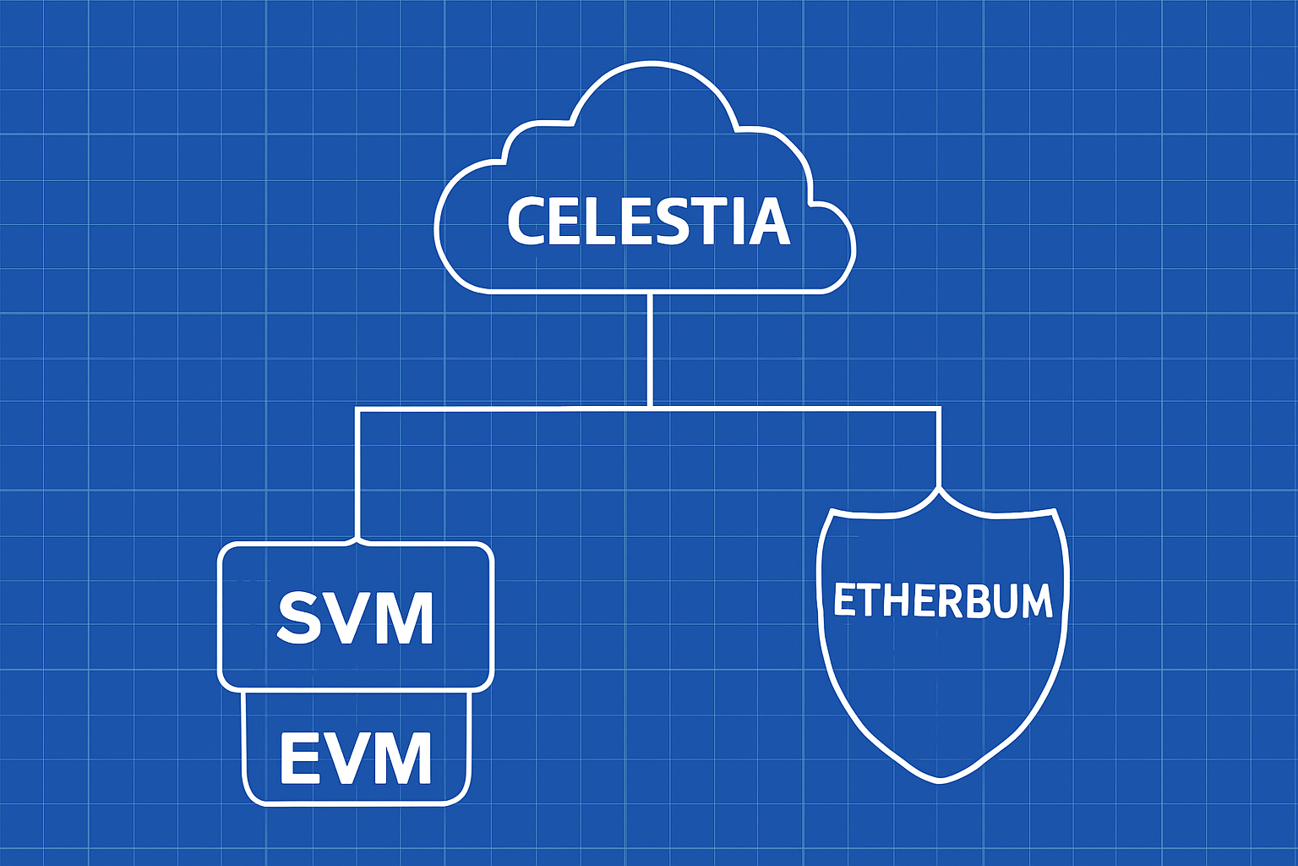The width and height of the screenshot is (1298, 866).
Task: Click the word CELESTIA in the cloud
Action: click(648, 222)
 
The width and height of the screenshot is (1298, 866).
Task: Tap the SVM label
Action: click(356, 618)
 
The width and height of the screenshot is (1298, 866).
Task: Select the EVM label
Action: click(356, 758)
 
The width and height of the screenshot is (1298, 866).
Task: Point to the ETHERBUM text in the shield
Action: click(942, 600)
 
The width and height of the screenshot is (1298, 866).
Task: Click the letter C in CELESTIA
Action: click(526, 222)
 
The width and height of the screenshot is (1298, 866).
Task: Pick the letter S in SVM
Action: click(298, 618)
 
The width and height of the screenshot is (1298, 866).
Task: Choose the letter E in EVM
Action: click(297, 758)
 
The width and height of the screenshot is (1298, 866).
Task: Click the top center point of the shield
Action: click(939, 491)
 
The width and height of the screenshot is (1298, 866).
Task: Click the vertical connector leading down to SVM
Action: click(357, 474)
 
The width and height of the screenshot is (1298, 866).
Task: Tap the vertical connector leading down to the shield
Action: click(939, 448)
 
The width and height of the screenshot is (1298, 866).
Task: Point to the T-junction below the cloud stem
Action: click(649, 408)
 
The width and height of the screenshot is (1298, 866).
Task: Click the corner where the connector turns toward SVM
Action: click(358, 410)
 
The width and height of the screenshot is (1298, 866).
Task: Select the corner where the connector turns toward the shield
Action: click(938, 409)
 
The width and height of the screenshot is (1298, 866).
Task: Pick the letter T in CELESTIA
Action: click(712, 222)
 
